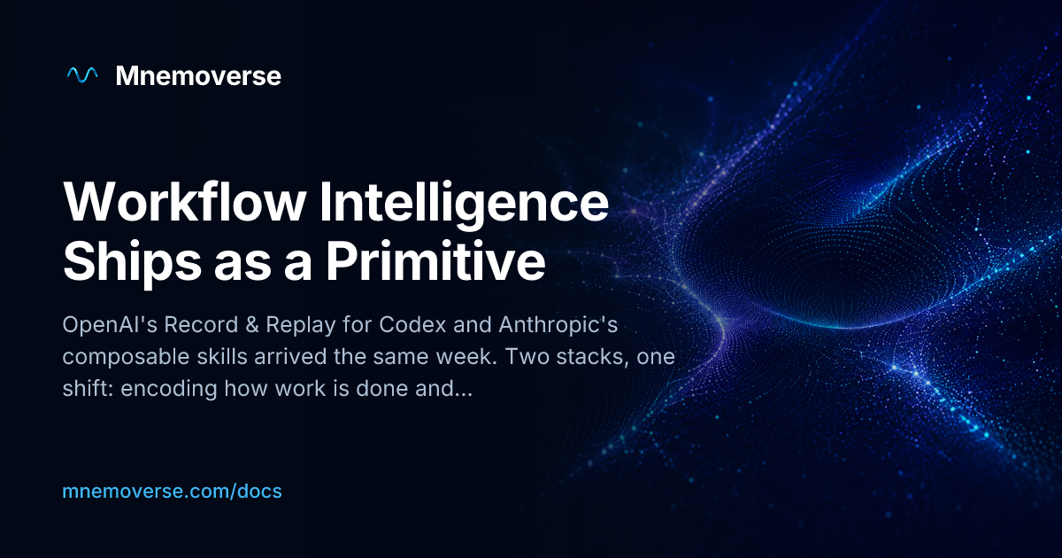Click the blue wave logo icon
(82, 75)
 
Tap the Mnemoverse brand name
(198, 76)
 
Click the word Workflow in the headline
(185, 202)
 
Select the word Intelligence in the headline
(464, 204)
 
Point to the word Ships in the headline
(133, 262)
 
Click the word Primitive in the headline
(435, 261)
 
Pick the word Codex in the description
(412, 325)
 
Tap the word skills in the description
(222, 357)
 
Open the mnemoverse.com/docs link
(172, 491)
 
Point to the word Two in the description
(527, 357)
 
